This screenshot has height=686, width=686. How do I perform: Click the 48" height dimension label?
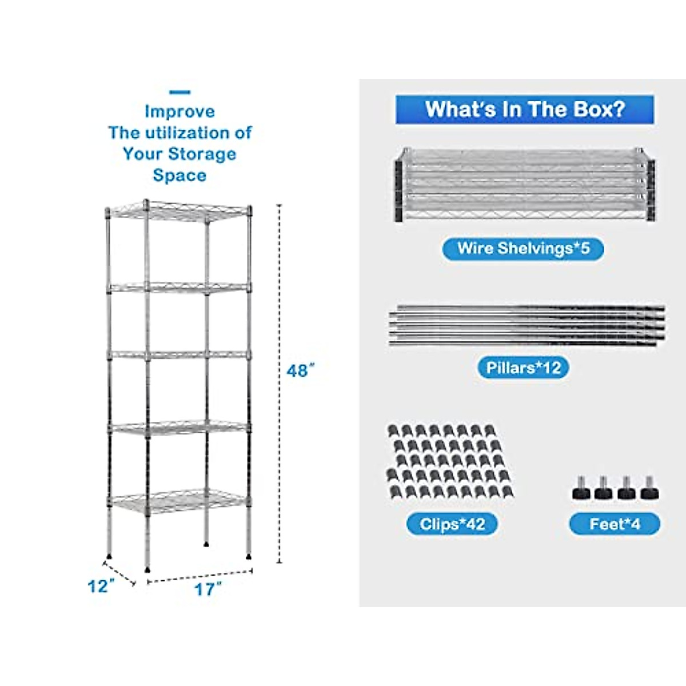click(300, 371)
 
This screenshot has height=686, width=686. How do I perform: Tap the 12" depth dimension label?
click(101, 587)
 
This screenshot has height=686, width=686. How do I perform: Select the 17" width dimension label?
click(207, 589)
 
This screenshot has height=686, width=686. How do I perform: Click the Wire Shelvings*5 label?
click(523, 249)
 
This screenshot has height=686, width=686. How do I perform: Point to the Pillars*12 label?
click(523, 367)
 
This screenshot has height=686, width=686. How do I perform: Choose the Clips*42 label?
click(452, 524)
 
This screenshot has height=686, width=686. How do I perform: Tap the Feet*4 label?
click(614, 524)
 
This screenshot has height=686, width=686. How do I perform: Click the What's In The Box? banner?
click(525, 109)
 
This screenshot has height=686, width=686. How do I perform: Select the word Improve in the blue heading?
click(180, 111)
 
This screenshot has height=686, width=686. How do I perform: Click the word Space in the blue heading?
click(180, 176)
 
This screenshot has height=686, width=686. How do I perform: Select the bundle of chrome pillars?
click(526, 325)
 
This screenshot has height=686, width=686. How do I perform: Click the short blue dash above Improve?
click(180, 92)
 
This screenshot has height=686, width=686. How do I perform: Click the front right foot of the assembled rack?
click(249, 554)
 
